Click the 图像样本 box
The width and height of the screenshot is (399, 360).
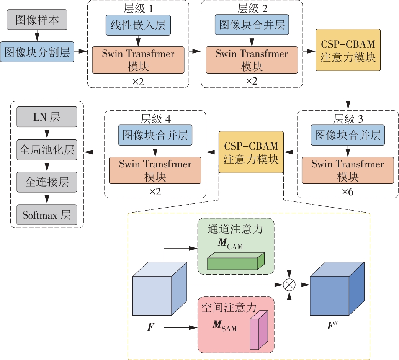tap(37, 20)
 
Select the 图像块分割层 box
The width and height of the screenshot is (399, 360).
tap(37, 52)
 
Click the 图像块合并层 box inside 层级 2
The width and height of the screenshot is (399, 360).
tap(252, 26)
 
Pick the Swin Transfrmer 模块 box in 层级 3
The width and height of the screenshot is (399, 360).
tap(348, 170)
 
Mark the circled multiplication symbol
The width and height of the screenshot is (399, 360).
tap(289, 285)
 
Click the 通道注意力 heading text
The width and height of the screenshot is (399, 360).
tap(235, 229)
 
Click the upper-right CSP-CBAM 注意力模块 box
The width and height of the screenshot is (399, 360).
tap(348, 50)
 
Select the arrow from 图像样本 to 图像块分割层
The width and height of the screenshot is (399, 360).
tap(37, 36)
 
